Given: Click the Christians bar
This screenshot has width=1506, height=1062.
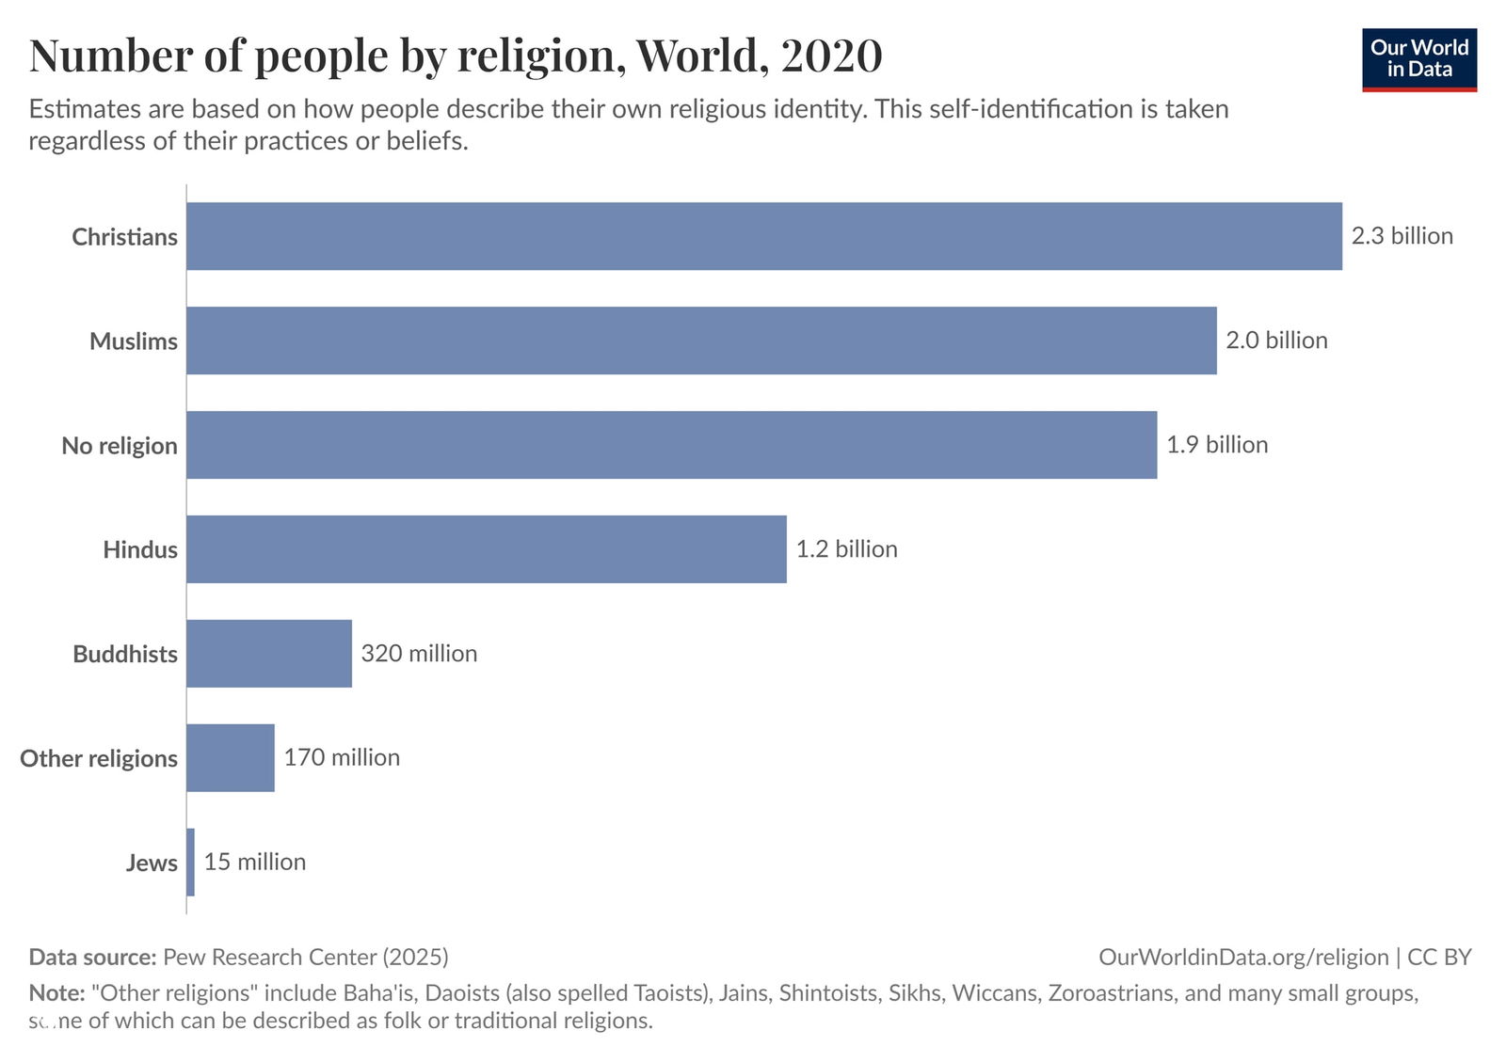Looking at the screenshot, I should [763, 236].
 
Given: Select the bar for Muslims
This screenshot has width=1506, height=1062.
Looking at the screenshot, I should [701, 341].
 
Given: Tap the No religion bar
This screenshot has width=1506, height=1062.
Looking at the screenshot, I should [671, 445].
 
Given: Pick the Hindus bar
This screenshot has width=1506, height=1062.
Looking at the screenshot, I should [486, 549].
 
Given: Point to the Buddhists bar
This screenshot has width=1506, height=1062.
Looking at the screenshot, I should [269, 654].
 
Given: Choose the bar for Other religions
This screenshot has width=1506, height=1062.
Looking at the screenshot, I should [231, 758].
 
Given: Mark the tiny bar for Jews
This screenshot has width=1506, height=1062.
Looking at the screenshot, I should [191, 863].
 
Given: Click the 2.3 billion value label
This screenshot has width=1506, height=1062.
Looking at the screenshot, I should [1402, 236].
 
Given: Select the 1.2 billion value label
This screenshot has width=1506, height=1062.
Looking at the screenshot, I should [846, 549].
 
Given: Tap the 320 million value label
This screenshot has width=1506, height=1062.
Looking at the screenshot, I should [419, 654].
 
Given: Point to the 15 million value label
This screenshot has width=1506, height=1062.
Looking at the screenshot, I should [255, 863].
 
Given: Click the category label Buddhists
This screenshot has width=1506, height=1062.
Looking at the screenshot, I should [125, 655].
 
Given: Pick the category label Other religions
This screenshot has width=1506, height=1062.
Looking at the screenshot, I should [99, 759].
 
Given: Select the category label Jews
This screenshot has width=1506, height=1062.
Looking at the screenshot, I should [152, 864].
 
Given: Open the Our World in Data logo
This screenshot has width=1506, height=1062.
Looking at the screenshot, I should [1418, 59].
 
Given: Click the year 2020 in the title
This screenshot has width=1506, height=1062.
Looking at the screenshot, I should [831, 55].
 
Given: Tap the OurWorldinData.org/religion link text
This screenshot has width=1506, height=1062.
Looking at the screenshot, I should [1243, 958].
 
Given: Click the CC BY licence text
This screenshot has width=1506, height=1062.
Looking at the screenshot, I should [1439, 958].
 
